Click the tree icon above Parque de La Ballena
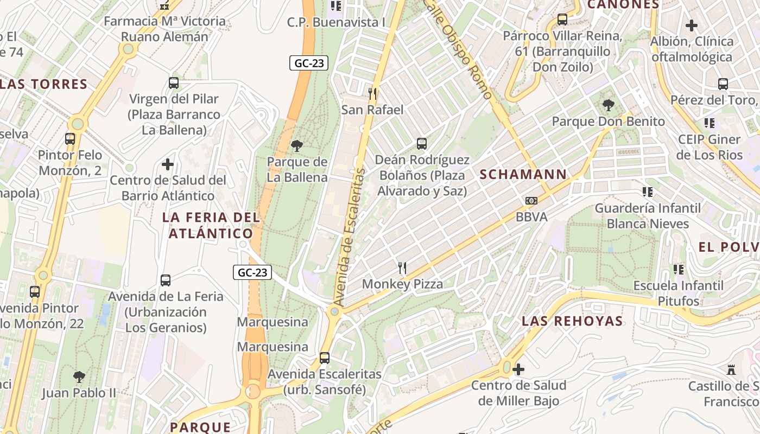296,145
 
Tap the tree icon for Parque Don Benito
608,105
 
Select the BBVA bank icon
531,201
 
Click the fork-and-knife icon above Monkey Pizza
402,267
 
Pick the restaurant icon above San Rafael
372,93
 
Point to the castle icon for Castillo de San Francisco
731,370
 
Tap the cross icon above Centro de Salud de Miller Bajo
518,369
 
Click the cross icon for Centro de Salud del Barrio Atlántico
168,164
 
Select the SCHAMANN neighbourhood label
523,175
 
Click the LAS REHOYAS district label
572,321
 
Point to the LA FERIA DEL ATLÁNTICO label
211,226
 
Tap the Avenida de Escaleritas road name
348,237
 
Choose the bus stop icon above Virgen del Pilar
174,83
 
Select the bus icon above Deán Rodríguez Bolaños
422,144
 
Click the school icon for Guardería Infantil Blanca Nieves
647,192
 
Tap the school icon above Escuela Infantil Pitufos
678,269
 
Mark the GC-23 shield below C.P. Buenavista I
309,63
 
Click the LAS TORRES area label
45,84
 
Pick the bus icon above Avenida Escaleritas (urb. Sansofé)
325,358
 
